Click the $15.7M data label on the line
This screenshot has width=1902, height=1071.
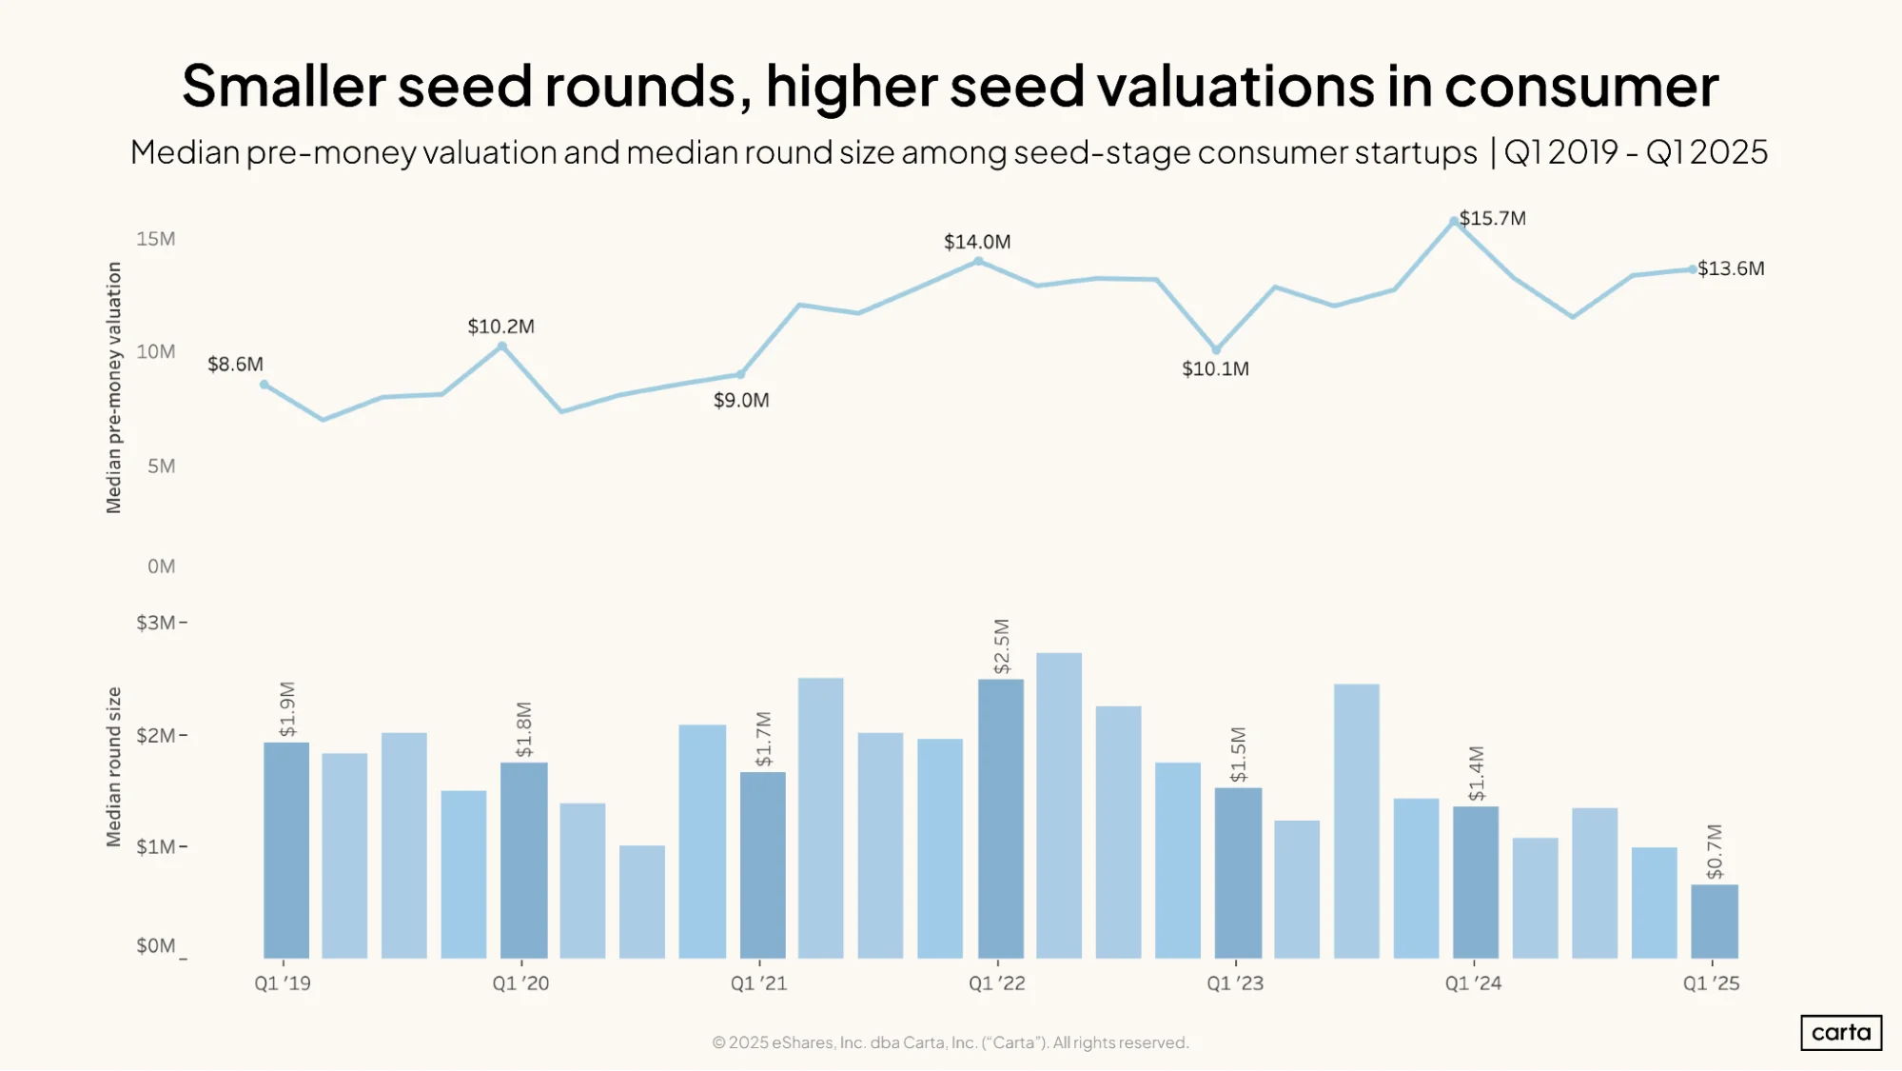pyautogui.click(x=1492, y=218)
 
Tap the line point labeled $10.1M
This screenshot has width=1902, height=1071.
pyautogui.click(x=1216, y=350)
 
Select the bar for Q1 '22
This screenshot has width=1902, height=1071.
pyautogui.click(x=1001, y=819)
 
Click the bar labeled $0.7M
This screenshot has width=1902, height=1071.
pyautogui.click(x=1715, y=922)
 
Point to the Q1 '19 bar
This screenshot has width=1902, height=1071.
pyautogui.click(x=286, y=850)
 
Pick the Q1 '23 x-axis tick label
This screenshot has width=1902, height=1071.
pyautogui.click(x=1235, y=983)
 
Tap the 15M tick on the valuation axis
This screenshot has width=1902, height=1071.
pyautogui.click(x=156, y=239)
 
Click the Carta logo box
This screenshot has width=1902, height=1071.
pyautogui.click(x=1841, y=1033)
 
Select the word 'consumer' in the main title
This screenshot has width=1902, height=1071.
pyautogui.click(x=1581, y=86)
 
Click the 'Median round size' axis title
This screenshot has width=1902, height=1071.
pyautogui.click(x=114, y=766)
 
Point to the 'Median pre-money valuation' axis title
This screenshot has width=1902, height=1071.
pyautogui.click(x=114, y=387)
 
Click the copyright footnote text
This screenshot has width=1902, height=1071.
pyautogui.click(x=951, y=1042)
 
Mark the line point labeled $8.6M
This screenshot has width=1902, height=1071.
pyautogui.click(x=265, y=385)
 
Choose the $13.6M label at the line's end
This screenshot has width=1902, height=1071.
pyautogui.click(x=1731, y=268)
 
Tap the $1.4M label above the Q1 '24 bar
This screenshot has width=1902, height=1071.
pyautogui.click(x=1476, y=773)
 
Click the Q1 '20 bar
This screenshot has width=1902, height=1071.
pyautogui.click(x=524, y=861)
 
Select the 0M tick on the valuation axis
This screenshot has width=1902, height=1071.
pyautogui.click(x=162, y=566)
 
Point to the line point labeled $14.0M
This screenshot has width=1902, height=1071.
pyautogui.click(x=978, y=261)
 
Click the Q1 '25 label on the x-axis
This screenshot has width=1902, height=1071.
pyautogui.click(x=1712, y=983)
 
